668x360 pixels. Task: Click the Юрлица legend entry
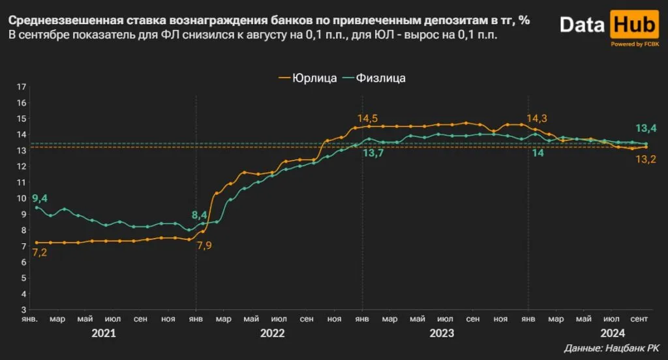[x=307, y=78]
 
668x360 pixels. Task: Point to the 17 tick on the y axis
[x=21, y=87]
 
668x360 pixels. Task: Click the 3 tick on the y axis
[x=23, y=309]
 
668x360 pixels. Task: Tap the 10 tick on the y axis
[x=21, y=198]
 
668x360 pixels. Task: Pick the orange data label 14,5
[x=367, y=119]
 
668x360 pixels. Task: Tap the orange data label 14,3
[x=536, y=119]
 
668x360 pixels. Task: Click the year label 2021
[x=103, y=333]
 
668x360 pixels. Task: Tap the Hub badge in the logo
[x=632, y=25]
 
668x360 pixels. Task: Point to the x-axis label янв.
[x=29, y=320]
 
